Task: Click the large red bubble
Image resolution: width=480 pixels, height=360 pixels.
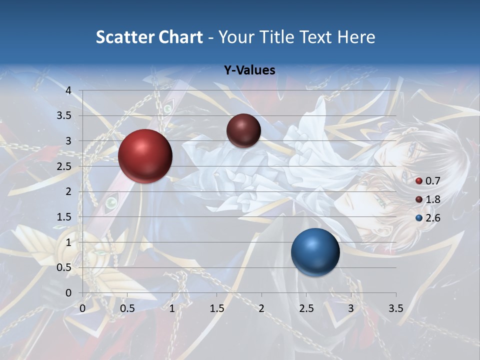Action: (145, 156)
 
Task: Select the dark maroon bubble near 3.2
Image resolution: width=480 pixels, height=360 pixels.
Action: (243, 130)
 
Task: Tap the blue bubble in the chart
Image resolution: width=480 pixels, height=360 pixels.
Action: (315, 252)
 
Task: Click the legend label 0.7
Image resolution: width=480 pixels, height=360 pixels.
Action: (432, 181)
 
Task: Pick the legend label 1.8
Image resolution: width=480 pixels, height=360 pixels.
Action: (432, 199)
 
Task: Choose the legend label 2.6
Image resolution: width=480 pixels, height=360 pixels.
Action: (432, 218)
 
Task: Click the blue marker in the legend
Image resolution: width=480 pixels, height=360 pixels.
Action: (419, 218)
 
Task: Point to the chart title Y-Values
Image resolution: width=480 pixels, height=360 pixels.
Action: (249, 70)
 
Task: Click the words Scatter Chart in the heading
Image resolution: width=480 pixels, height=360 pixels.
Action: (149, 37)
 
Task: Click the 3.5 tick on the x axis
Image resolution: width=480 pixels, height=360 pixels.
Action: (395, 308)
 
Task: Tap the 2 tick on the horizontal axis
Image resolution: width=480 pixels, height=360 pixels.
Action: (261, 308)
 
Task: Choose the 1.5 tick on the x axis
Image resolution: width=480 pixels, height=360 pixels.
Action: (216, 308)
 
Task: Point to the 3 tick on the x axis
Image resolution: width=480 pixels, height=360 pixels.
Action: (351, 308)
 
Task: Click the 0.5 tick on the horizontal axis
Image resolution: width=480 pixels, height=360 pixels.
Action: (127, 308)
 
